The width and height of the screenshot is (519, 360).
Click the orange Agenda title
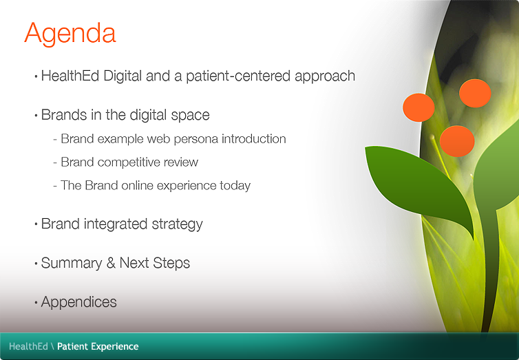click(70, 32)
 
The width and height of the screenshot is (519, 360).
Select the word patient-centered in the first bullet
click(246, 76)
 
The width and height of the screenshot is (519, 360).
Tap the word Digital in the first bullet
click(126, 76)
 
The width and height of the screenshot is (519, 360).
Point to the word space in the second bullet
click(192, 115)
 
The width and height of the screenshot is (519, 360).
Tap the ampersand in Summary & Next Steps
click(111, 263)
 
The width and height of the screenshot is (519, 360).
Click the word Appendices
click(78, 302)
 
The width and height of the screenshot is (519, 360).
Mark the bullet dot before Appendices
click(36, 303)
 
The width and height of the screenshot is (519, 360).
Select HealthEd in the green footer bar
click(28, 346)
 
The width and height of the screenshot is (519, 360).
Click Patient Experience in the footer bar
click(98, 346)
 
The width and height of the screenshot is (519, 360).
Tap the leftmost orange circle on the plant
click(419, 107)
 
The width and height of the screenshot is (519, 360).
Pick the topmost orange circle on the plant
click(475, 93)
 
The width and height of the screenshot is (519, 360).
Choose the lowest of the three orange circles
click(457, 140)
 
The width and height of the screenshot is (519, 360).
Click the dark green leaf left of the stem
click(414, 182)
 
